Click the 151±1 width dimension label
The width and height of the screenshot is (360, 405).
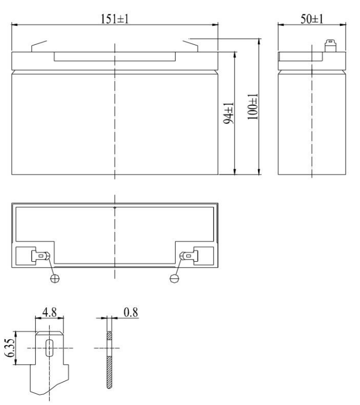[115, 18]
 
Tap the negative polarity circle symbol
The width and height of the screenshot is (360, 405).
[174, 277]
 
